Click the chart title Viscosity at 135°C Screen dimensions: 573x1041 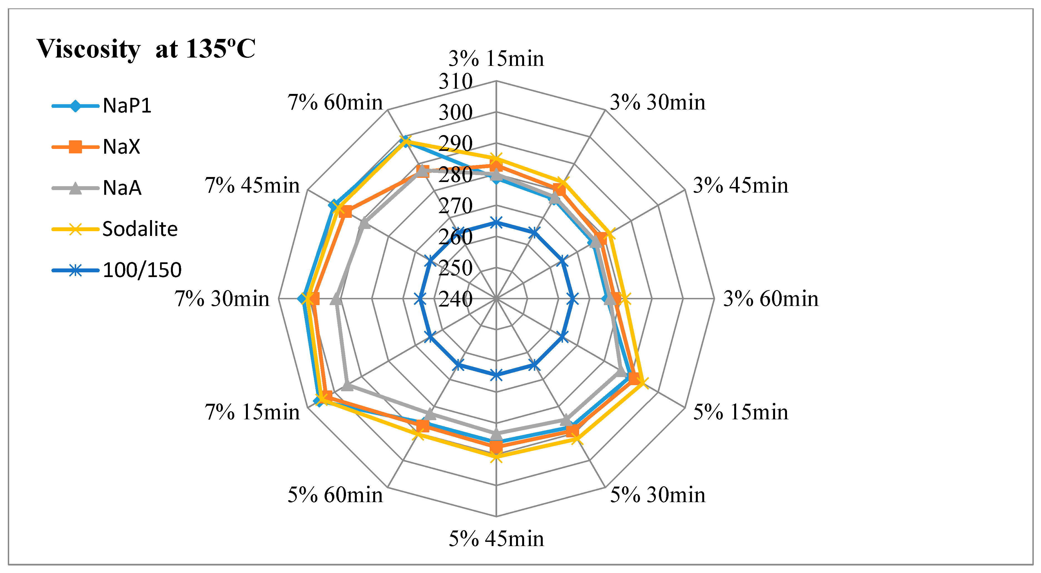point(146,49)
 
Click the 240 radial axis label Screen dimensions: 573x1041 point(455,299)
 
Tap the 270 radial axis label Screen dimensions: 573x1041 point(455,206)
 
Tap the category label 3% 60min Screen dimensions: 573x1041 point(770,299)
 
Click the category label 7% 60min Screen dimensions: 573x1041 point(335,102)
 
